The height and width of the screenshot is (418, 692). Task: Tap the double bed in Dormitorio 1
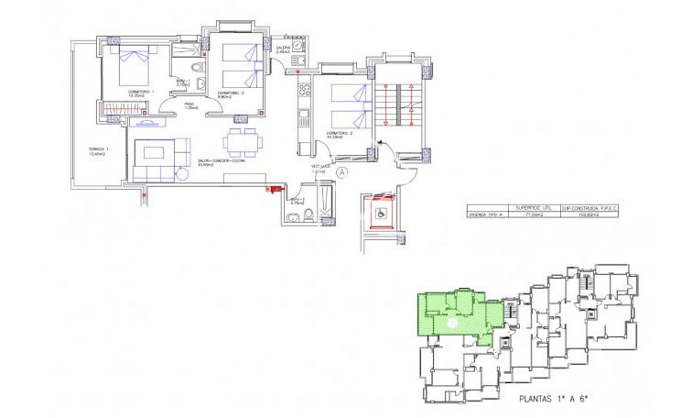[x=133, y=64]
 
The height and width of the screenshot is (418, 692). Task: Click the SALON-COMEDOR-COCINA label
[x=220, y=164]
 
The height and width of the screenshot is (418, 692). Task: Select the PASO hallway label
[x=189, y=105]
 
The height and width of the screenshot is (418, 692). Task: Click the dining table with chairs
[x=241, y=141]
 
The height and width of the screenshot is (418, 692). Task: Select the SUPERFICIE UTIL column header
[x=535, y=207]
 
